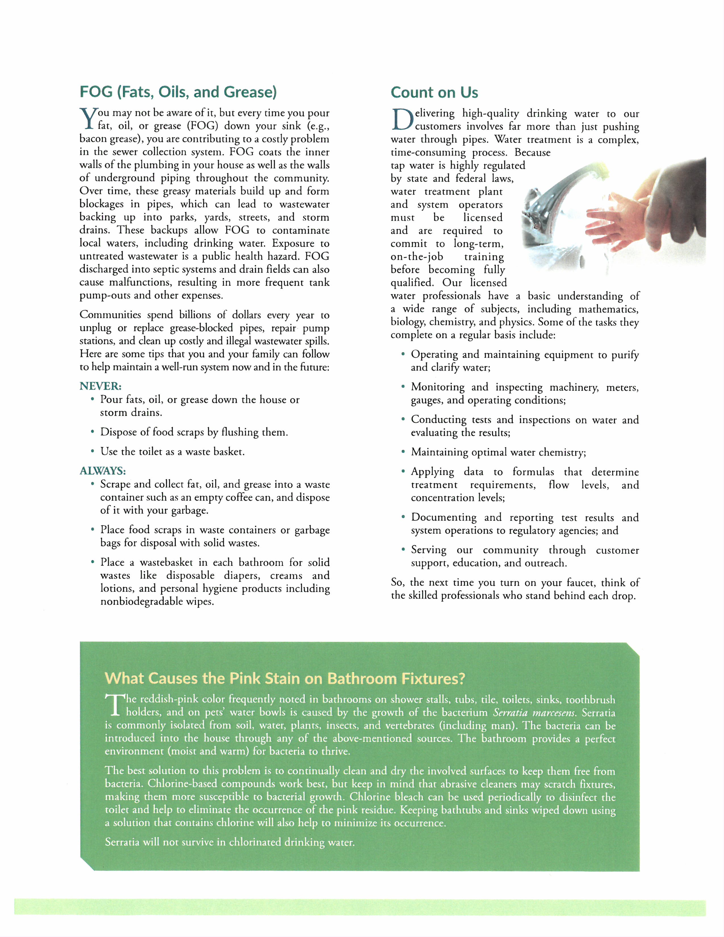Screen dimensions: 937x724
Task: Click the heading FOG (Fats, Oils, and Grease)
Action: point(178,92)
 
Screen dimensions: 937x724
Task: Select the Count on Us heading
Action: point(434,93)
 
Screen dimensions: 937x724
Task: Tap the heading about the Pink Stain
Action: point(285,678)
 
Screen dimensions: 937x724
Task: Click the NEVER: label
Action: point(100,386)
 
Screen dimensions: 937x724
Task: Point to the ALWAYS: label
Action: point(102,471)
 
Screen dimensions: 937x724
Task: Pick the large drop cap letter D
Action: point(401,120)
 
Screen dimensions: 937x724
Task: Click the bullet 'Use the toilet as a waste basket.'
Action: point(172,451)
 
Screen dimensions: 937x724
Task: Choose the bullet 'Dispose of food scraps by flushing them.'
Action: point(194,432)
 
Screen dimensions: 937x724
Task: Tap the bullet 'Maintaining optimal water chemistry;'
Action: point(498,452)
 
